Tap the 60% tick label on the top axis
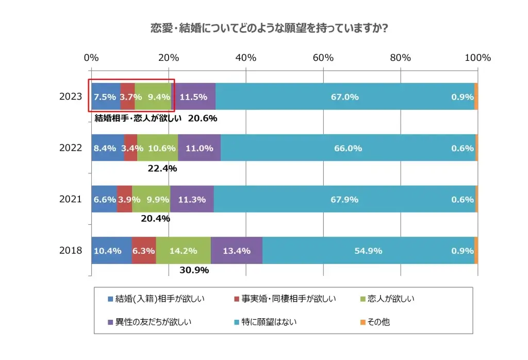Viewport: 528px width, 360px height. (323, 58)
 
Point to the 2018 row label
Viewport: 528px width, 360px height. (71, 251)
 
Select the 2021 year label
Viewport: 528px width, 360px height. (71, 200)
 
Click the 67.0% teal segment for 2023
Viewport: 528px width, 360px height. (345, 96)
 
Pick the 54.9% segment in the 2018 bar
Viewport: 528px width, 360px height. (368, 251)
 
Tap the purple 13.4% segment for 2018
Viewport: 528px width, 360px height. (237, 251)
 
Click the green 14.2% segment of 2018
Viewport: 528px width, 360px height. (184, 251)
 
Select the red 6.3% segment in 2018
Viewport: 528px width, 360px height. (144, 251)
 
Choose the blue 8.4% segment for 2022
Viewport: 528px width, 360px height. (108, 148)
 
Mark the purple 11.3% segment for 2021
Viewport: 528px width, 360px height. (192, 200)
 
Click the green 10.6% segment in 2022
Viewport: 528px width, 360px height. (158, 148)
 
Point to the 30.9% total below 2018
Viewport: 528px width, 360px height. (193, 270)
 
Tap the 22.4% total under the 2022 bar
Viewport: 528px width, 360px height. (162, 168)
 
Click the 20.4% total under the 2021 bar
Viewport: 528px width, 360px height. (155, 219)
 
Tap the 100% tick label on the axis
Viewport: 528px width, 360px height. (477, 58)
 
